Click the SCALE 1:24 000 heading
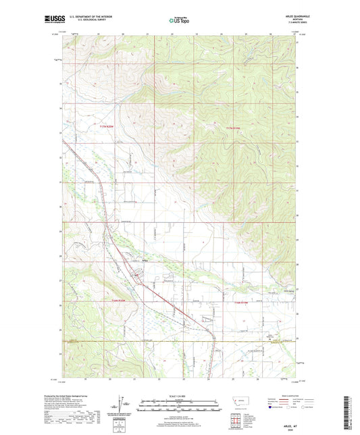click(x=179, y=396)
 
